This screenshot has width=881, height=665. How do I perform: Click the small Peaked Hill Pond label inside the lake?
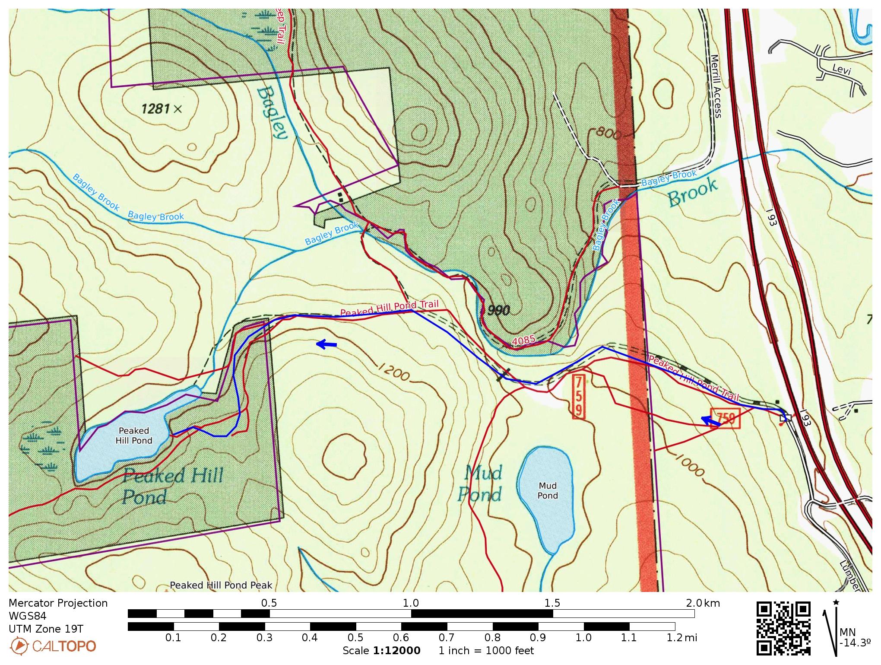pyautogui.click(x=134, y=436)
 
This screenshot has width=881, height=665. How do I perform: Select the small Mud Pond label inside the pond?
pyautogui.click(x=547, y=491)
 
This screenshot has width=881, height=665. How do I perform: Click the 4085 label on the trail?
pyautogui.click(x=523, y=341)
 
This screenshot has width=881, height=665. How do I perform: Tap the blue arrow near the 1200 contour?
pyautogui.click(x=326, y=344)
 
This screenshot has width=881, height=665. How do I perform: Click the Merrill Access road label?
pyautogui.click(x=715, y=86)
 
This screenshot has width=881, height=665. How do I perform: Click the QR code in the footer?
pyautogui.click(x=783, y=628)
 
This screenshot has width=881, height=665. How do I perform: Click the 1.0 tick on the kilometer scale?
pyautogui.click(x=411, y=603)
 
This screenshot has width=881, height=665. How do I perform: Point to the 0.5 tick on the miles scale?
pyautogui.click(x=355, y=637)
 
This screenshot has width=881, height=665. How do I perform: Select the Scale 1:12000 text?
pyautogui.click(x=381, y=651)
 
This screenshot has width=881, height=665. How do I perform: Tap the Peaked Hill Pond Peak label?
pyautogui.click(x=221, y=585)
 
